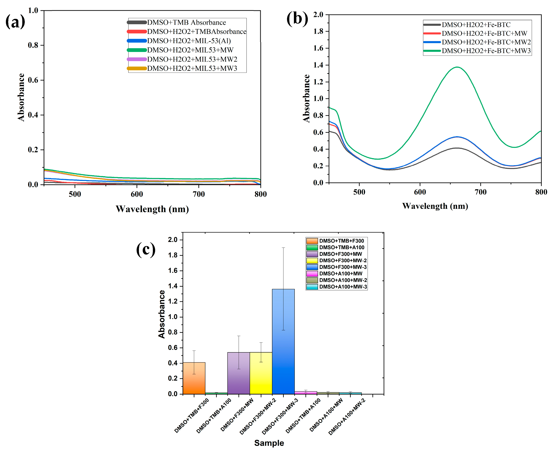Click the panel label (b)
coord(297,19)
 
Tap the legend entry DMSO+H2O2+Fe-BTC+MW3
coord(486,51)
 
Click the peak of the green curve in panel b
coord(457,67)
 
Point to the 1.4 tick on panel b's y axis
coord(318,65)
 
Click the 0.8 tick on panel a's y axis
coord(33,45)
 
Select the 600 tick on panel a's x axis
coord(137,194)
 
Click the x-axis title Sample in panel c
coord(269,443)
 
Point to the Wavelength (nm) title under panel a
coord(152,209)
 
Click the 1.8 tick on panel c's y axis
coord(173,255)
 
